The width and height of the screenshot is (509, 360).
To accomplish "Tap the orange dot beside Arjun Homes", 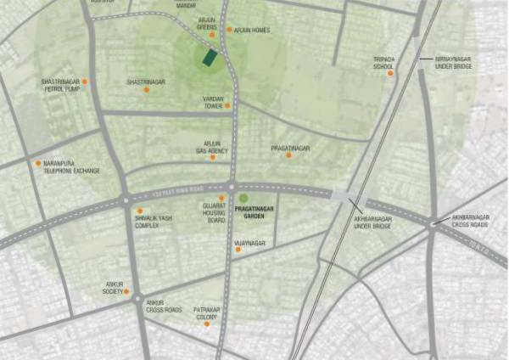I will pyautogui.click(x=229, y=30).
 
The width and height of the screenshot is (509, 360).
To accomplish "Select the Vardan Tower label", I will pyautogui.click(x=212, y=102).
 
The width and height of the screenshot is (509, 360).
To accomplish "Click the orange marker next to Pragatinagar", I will pyautogui.click(x=288, y=156).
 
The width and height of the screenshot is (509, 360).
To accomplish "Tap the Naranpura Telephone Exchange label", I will pyautogui.click(x=71, y=167).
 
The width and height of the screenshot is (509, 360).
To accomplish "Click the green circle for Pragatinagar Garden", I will pyautogui.click(x=243, y=199).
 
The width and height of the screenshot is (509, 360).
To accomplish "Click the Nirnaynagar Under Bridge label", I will pyautogui.click(x=453, y=62).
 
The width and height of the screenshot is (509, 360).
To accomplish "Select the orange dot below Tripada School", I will pyautogui.click(x=391, y=73).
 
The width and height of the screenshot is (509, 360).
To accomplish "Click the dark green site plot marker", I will pyautogui.click(x=209, y=59).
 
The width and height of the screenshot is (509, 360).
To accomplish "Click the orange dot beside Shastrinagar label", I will pyautogui.click(x=146, y=89).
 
